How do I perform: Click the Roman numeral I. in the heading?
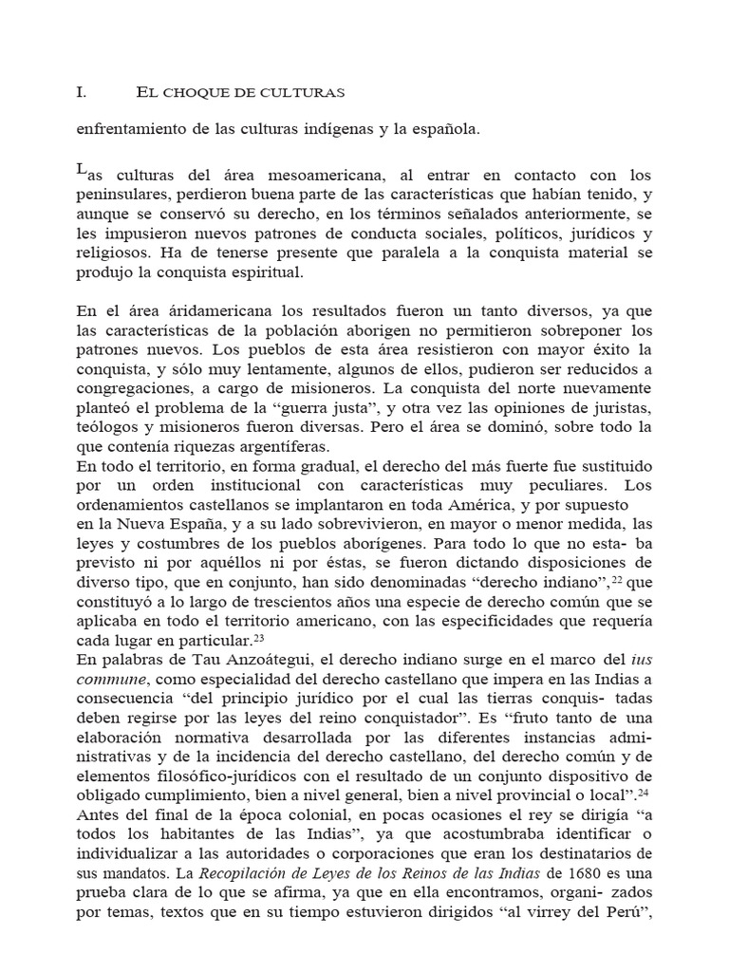(x=82, y=92)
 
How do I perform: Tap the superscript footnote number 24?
(x=644, y=762)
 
